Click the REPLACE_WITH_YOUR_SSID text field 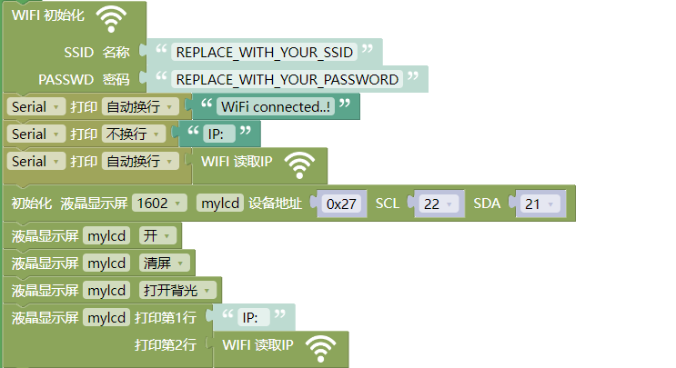tap(264, 53)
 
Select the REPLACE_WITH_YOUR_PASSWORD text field tap(288, 80)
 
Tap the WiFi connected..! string tap(276, 106)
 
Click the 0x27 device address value tap(341, 204)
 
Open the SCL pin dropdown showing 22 tap(438, 204)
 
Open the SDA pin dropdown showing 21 tap(540, 204)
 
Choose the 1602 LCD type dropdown tap(159, 203)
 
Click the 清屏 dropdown tap(165, 263)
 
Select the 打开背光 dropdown tap(177, 290)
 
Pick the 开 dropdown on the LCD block tap(157, 235)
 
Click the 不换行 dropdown tap(134, 134)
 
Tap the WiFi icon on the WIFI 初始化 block tap(111, 19)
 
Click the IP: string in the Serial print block tap(219, 134)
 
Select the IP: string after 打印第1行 tap(254, 318)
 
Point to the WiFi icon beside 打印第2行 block tap(320, 349)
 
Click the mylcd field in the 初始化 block tap(220, 203)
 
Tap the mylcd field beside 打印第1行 tap(106, 318)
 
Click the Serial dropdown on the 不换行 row tap(35, 134)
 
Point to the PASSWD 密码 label tap(84, 80)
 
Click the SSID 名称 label tap(96, 53)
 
